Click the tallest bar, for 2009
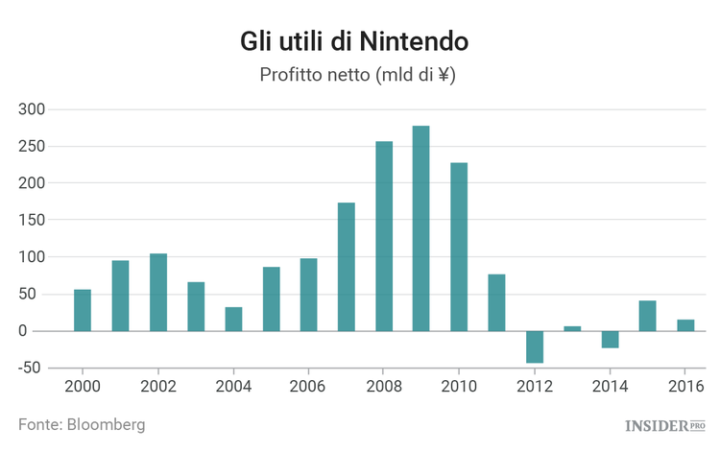(x=421, y=228)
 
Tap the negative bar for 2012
(x=535, y=346)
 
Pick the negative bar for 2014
(x=611, y=339)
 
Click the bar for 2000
(x=83, y=310)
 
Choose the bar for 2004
(x=233, y=319)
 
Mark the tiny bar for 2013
(x=572, y=328)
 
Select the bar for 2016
(x=685, y=325)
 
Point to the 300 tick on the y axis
(x=32, y=109)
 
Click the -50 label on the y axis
(x=31, y=368)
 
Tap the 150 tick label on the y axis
(x=32, y=220)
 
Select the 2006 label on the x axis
(x=308, y=387)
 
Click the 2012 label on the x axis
(x=535, y=387)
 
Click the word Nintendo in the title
(x=414, y=42)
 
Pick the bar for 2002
(x=158, y=292)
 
